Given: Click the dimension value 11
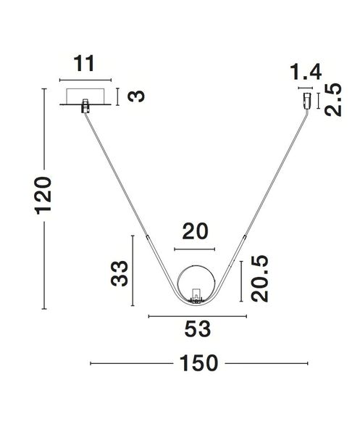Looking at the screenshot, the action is point(85,64).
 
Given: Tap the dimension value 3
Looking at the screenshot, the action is point(136,96).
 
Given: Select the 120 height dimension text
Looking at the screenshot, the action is point(43,196).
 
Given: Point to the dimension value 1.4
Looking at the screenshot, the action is point(306,72).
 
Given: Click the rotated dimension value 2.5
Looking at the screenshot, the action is point(333,99).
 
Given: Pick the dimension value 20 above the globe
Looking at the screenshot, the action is point(195,231).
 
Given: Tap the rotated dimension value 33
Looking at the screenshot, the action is point(120,273).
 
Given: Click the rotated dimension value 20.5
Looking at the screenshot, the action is point(259,278).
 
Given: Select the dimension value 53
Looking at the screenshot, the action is point(198,329).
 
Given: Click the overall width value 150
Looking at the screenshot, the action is point(198,363).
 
